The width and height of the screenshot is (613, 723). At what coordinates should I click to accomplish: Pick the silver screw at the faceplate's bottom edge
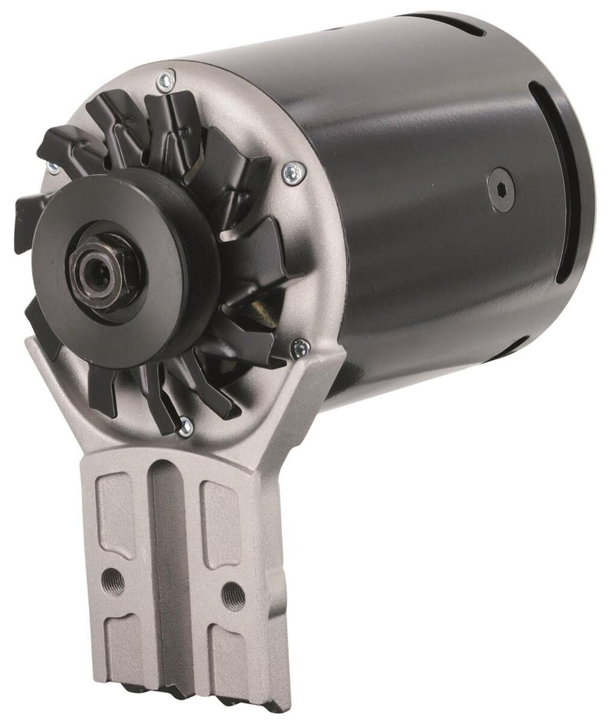pos(185,428)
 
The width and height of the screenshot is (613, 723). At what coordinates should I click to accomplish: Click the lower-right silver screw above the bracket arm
pos(300,348)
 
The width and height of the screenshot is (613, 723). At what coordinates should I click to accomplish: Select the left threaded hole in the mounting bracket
pos(114,575)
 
